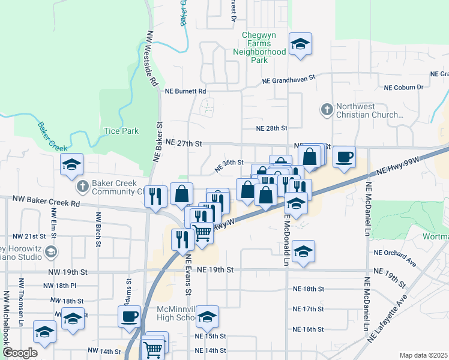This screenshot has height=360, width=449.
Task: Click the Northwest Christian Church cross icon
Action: click(327, 110)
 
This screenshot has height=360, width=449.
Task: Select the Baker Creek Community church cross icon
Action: click(83, 187)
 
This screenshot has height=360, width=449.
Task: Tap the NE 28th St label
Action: click(272, 128)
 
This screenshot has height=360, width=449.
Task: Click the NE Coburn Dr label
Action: click(403, 88)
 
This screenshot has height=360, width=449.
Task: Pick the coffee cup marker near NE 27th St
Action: click(344, 157)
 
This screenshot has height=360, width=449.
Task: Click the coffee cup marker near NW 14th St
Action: click(129, 316)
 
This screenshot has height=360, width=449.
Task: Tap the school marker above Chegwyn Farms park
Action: click(300, 43)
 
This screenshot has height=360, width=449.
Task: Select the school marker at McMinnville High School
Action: click(207, 316)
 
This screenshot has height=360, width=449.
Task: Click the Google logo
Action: click(20, 353)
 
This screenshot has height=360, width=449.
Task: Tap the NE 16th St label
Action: click(309, 329)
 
